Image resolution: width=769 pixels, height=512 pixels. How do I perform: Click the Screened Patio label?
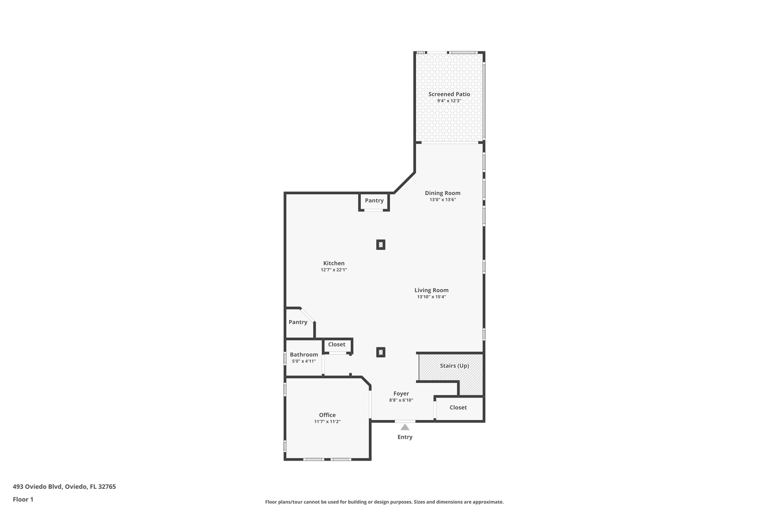pyautogui.click(x=449, y=94)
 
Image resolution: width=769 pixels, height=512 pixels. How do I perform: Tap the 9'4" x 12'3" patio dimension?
pyautogui.click(x=449, y=101)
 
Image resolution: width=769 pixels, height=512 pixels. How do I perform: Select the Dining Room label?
pyautogui.click(x=442, y=193)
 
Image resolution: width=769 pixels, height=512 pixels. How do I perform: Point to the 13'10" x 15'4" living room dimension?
pyautogui.click(x=431, y=297)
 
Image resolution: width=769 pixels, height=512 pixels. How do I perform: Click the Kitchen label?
pyautogui.click(x=334, y=263)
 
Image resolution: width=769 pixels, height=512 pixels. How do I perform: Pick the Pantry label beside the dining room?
pyautogui.click(x=374, y=201)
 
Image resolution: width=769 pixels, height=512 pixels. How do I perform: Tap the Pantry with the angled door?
pyautogui.click(x=298, y=322)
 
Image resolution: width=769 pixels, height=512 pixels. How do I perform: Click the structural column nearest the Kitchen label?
pyautogui.click(x=381, y=245)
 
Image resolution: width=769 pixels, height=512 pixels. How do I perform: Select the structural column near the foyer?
pyautogui.click(x=381, y=352)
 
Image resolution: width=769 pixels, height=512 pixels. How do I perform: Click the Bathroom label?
pyautogui.click(x=304, y=355)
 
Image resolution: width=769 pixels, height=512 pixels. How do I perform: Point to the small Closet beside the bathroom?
pyautogui.click(x=336, y=345)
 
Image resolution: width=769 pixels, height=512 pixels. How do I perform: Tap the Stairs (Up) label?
pyautogui.click(x=454, y=366)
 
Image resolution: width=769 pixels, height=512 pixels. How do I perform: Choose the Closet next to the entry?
pyautogui.click(x=458, y=408)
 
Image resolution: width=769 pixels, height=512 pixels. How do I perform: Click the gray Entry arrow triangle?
pyautogui.click(x=405, y=427)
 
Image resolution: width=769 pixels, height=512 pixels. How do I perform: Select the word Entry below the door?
pyautogui.click(x=405, y=437)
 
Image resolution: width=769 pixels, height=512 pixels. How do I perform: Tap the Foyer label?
pyautogui.click(x=401, y=394)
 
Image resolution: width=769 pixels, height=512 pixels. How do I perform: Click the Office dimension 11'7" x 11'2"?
pyautogui.click(x=327, y=422)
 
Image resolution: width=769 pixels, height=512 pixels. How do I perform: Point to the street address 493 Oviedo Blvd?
pyautogui.click(x=64, y=487)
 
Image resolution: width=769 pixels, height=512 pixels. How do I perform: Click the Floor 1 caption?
pyautogui.click(x=23, y=500)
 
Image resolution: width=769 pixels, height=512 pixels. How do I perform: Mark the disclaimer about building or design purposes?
pyautogui.click(x=384, y=502)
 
